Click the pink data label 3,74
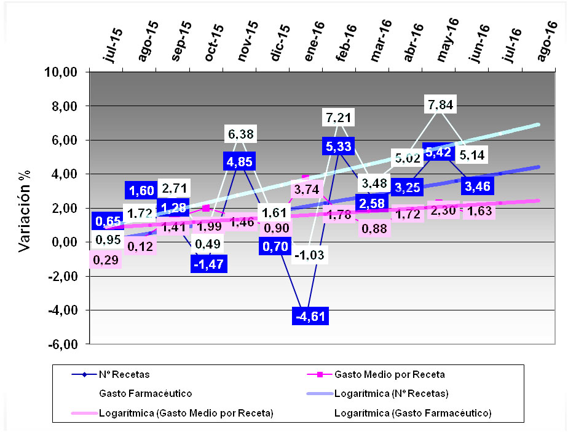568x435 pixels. (x=306, y=189)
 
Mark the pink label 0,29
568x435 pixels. (x=106, y=260)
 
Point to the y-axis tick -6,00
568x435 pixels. (x=62, y=344)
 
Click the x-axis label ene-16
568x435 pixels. (x=314, y=42)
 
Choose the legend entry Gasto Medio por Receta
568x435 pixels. (x=389, y=374)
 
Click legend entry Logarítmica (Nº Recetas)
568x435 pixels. (x=391, y=393)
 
